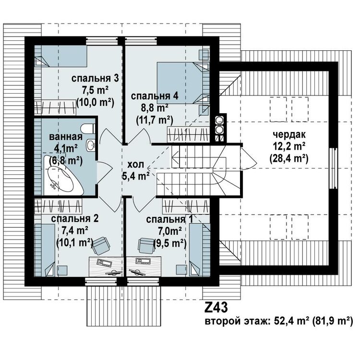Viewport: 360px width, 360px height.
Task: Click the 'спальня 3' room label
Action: pyautogui.click(x=95, y=78)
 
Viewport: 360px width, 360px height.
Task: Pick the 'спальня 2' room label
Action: pyautogui.click(x=75, y=219)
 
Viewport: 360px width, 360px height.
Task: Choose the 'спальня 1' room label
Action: pyautogui.click(x=166, y=220)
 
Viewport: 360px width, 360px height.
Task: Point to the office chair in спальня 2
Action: pyautogui.click(x=100, y=246)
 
